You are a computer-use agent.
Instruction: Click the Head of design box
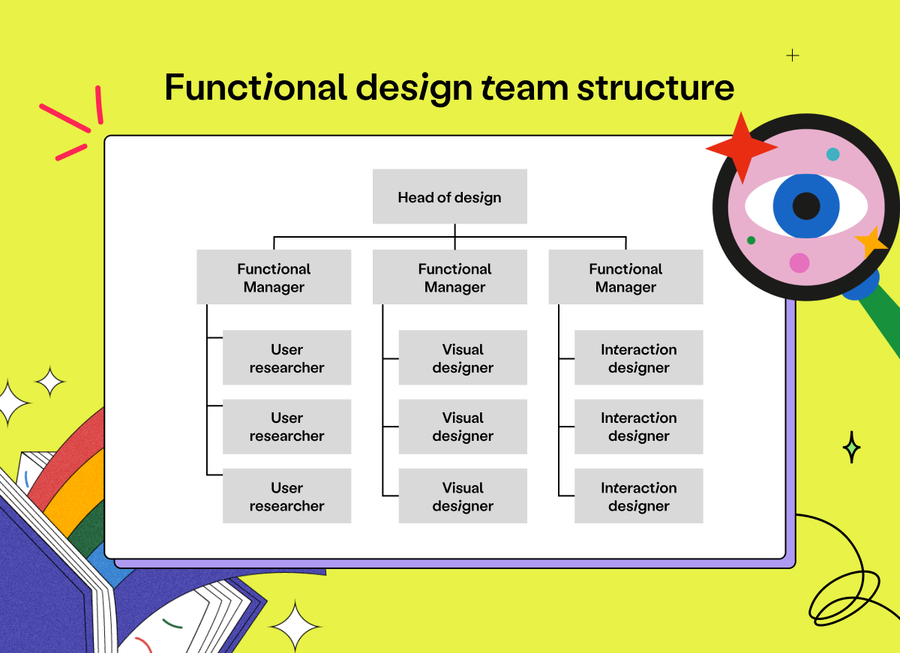(x=449, y=196)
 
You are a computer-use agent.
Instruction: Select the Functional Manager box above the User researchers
(x=274, y=277)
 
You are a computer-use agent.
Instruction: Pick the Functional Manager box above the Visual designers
(x=454, y=277)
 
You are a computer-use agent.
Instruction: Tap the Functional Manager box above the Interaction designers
(x=625, y=277)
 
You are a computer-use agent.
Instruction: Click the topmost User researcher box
(x=286, y=358)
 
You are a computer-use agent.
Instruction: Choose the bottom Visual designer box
(x=463, y=496)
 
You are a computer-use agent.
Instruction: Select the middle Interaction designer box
(x=638, y=427)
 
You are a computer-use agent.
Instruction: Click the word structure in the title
(x=655, y=88)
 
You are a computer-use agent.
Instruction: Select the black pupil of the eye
(x=806, y=205)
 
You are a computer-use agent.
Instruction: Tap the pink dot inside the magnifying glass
(x=799, y=263)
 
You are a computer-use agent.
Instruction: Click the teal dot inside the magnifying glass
(x=832, y=154)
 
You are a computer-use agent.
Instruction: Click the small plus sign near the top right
(x=793, y=55)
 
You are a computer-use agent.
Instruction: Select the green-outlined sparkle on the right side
(x=851, y=448)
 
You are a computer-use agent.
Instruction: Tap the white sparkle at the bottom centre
(x=295, y=625)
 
